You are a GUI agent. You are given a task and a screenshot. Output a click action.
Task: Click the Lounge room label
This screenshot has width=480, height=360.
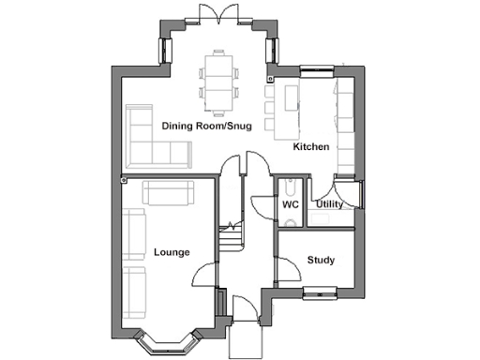pyautogui.click(x=172, y=252)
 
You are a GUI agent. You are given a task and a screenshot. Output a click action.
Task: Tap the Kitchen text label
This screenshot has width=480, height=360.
pyautogui.click(x=310, y=148)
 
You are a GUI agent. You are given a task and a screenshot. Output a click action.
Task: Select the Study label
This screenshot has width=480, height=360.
pyautogui.click(x=321, y=260)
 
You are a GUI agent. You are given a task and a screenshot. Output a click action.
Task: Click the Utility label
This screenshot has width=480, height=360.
pyautogui.click(x=329, y=203)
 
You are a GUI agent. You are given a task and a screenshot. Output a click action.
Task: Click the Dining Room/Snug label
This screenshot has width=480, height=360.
pyautogui.click(x=205, y=126)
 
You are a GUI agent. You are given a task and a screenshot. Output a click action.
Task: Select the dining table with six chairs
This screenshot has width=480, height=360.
pyautogui.click(x=221, y=77)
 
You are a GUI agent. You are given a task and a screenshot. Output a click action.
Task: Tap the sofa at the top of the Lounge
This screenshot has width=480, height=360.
pyautogui.click(x=168, y=193)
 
